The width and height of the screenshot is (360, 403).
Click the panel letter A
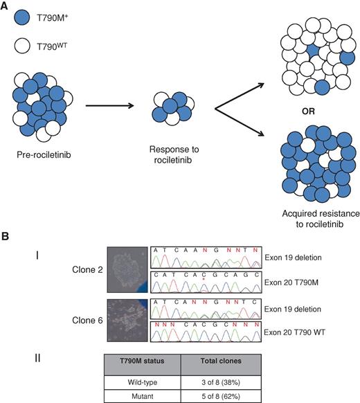[x=7, y=6]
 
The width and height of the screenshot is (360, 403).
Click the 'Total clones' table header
[x=220, y=364]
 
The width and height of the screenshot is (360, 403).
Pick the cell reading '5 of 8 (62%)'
[x=220, y=395]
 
